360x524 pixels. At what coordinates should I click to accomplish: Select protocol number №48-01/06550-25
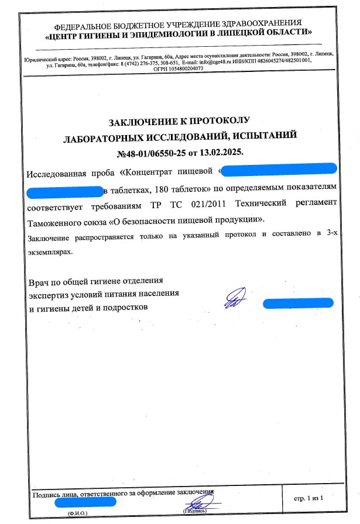154,153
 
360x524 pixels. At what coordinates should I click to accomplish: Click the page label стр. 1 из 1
307,497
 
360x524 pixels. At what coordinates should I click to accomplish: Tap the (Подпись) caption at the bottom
196,511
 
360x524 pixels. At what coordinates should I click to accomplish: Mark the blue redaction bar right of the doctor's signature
299,303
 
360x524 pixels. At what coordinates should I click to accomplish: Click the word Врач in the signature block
39,282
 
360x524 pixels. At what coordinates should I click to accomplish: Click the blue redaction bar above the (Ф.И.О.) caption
85,501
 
